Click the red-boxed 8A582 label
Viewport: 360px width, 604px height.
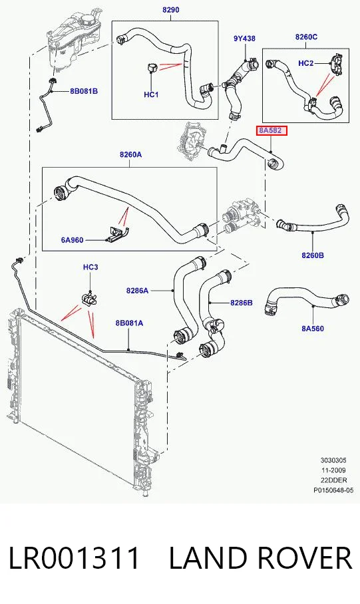[x=271, y=130]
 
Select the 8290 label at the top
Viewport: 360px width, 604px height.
[x=171, y=9]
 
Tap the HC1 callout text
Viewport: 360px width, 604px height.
[x=151, y=94]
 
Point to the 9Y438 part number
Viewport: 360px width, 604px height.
[x=244, y=39]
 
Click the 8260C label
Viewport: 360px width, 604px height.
[x=306, y=37]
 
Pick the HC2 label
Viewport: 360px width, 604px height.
[x=306, y=63]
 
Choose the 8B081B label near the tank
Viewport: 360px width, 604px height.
[x=84, y=91]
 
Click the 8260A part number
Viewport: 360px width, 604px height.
[x=130, y=155]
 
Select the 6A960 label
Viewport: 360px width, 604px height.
[x=72, y=240]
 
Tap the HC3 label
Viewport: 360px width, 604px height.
[x=90, y=267]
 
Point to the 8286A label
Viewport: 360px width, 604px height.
[x=137, y=291]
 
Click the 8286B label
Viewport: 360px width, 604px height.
[x=242, y=303]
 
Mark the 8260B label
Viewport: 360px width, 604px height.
[x=313, y=255]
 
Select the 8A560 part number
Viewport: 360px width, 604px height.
[x=313, y=329]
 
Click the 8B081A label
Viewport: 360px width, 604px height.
[x=129, y=323]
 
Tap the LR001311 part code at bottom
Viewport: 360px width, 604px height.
[x=74, y=558]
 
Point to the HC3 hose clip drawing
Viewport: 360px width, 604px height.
[x=90, y=299]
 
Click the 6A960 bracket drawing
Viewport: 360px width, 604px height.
[x=117, y=234]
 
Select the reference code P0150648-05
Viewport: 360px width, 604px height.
[x=333, y=490]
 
